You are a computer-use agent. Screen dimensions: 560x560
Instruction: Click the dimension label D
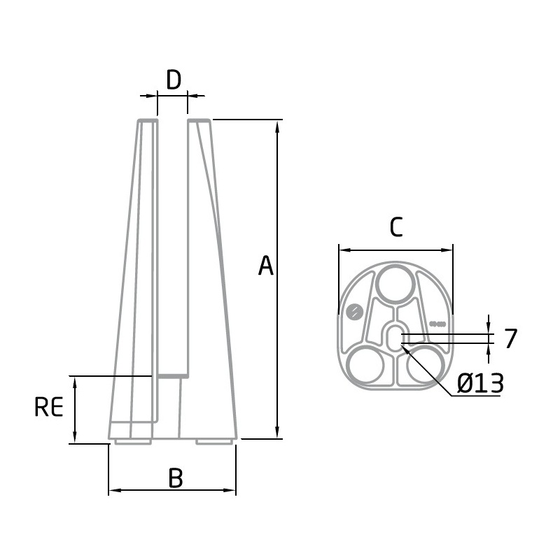(174, 80)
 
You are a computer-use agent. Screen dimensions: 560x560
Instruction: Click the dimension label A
(266, 266)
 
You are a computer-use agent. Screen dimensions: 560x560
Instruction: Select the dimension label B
(176, 478)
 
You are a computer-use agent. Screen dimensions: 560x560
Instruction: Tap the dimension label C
(396, 227)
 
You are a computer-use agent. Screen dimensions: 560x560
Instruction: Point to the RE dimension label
(49, 407)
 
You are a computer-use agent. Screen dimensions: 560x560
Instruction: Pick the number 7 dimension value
(511, 338)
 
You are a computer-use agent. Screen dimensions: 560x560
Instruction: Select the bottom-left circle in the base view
(365, 365)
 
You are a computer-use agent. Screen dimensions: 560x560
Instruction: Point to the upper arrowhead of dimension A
(277, 127)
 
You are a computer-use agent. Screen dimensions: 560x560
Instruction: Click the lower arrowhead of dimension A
(277, 432)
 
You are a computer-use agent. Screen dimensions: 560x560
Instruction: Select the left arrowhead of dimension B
(115, 490)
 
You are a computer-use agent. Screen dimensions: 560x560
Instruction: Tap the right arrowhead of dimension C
(447, 250)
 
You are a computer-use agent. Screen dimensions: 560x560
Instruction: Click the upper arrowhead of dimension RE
(74, 383)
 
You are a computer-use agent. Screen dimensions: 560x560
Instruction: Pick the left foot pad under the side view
(133, 442)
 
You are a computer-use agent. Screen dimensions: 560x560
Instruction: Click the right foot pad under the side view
(214, 442)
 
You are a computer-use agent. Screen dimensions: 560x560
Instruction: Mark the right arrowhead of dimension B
(230, 490)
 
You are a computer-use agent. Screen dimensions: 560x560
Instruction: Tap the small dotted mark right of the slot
(437, 324)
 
